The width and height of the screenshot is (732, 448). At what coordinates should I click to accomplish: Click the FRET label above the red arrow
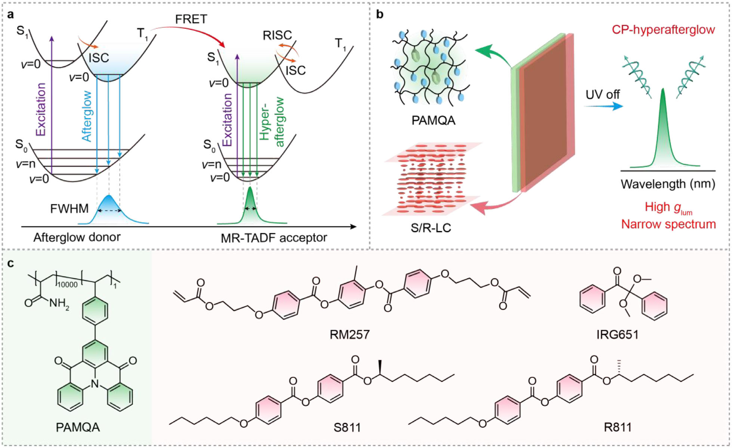pos(191,19)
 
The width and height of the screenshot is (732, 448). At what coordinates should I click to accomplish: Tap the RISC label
pos(277,35)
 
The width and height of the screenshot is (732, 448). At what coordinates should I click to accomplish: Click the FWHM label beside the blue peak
pos(70,208)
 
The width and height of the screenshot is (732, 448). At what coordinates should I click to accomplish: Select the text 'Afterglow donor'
pos(77,237)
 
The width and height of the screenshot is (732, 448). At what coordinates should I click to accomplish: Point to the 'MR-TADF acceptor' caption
pos(274,237)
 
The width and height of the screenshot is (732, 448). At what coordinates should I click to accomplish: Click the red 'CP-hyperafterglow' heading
pos(663,29)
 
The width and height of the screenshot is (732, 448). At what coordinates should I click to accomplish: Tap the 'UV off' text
pos(602,94)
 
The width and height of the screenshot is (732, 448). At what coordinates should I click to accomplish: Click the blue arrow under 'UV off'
pos(604,106)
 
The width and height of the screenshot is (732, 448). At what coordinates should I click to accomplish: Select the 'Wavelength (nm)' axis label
pos(668,184)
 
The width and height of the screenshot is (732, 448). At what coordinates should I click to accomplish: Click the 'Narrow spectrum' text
pos(668,224)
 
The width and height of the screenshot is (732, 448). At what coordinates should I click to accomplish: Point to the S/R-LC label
pos(431,227)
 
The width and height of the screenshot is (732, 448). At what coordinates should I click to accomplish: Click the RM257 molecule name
pos(349,334)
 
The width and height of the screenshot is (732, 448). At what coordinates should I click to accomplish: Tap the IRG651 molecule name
pos(617,334)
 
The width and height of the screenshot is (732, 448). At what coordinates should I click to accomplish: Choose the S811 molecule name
pos(347,427)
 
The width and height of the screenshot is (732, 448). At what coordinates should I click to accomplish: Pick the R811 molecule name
pos(618,427)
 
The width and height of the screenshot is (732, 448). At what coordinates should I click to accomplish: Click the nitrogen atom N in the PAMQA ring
pos(95,383)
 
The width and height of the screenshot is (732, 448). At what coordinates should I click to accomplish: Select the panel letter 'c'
pos(10,264)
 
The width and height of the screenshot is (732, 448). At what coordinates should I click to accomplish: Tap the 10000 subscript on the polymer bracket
pos(68,285)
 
